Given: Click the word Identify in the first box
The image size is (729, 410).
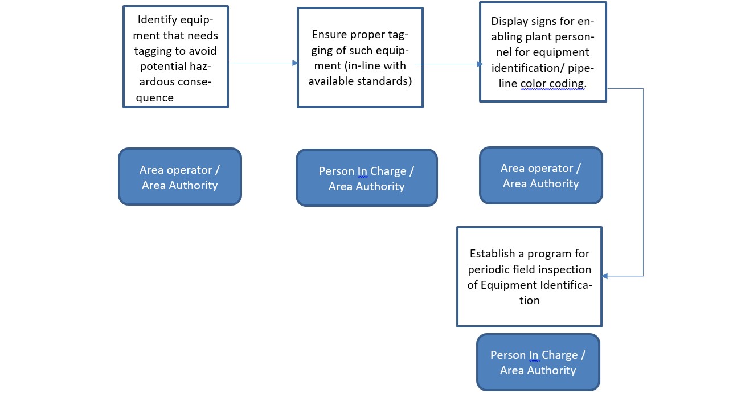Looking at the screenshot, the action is [157, 20].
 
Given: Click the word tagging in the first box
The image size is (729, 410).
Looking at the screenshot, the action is [153, 51].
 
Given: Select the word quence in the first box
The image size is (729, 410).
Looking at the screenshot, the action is [154, 97].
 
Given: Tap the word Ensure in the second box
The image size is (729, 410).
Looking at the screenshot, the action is [329, 35].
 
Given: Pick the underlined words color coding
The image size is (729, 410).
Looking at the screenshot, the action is [553, 84].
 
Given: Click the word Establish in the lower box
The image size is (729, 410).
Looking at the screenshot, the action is [493, 254].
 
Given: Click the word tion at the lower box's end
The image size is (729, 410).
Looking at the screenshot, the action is [530, 300].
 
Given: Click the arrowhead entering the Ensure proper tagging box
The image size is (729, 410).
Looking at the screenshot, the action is [295, 63].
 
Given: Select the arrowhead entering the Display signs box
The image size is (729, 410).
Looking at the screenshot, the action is [480, 64].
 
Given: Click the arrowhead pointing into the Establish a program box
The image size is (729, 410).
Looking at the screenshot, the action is [605, 276].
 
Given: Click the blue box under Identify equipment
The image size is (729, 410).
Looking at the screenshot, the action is [180, 177].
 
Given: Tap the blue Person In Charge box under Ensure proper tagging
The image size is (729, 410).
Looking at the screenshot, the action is [367, 178].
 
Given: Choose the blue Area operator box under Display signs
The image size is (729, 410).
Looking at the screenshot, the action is [541, 176].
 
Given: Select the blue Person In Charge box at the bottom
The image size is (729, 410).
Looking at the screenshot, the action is [538, 362].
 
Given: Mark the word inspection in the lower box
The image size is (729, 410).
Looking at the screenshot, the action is [564, 270].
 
